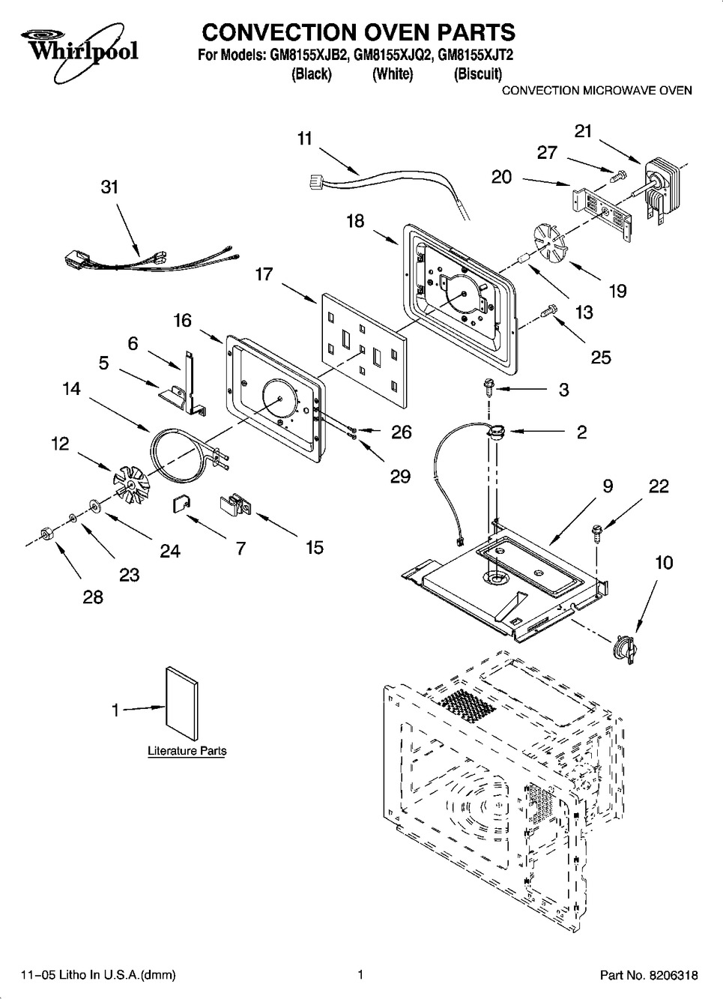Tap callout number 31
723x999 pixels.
tap(110, 187)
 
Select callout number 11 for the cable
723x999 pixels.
tap(304, 139)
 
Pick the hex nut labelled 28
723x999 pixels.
tap(44, 533)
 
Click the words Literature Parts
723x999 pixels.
tap(187, 751)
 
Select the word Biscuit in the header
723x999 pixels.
tap(478, 74)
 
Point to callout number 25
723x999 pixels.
tap(600, 357)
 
